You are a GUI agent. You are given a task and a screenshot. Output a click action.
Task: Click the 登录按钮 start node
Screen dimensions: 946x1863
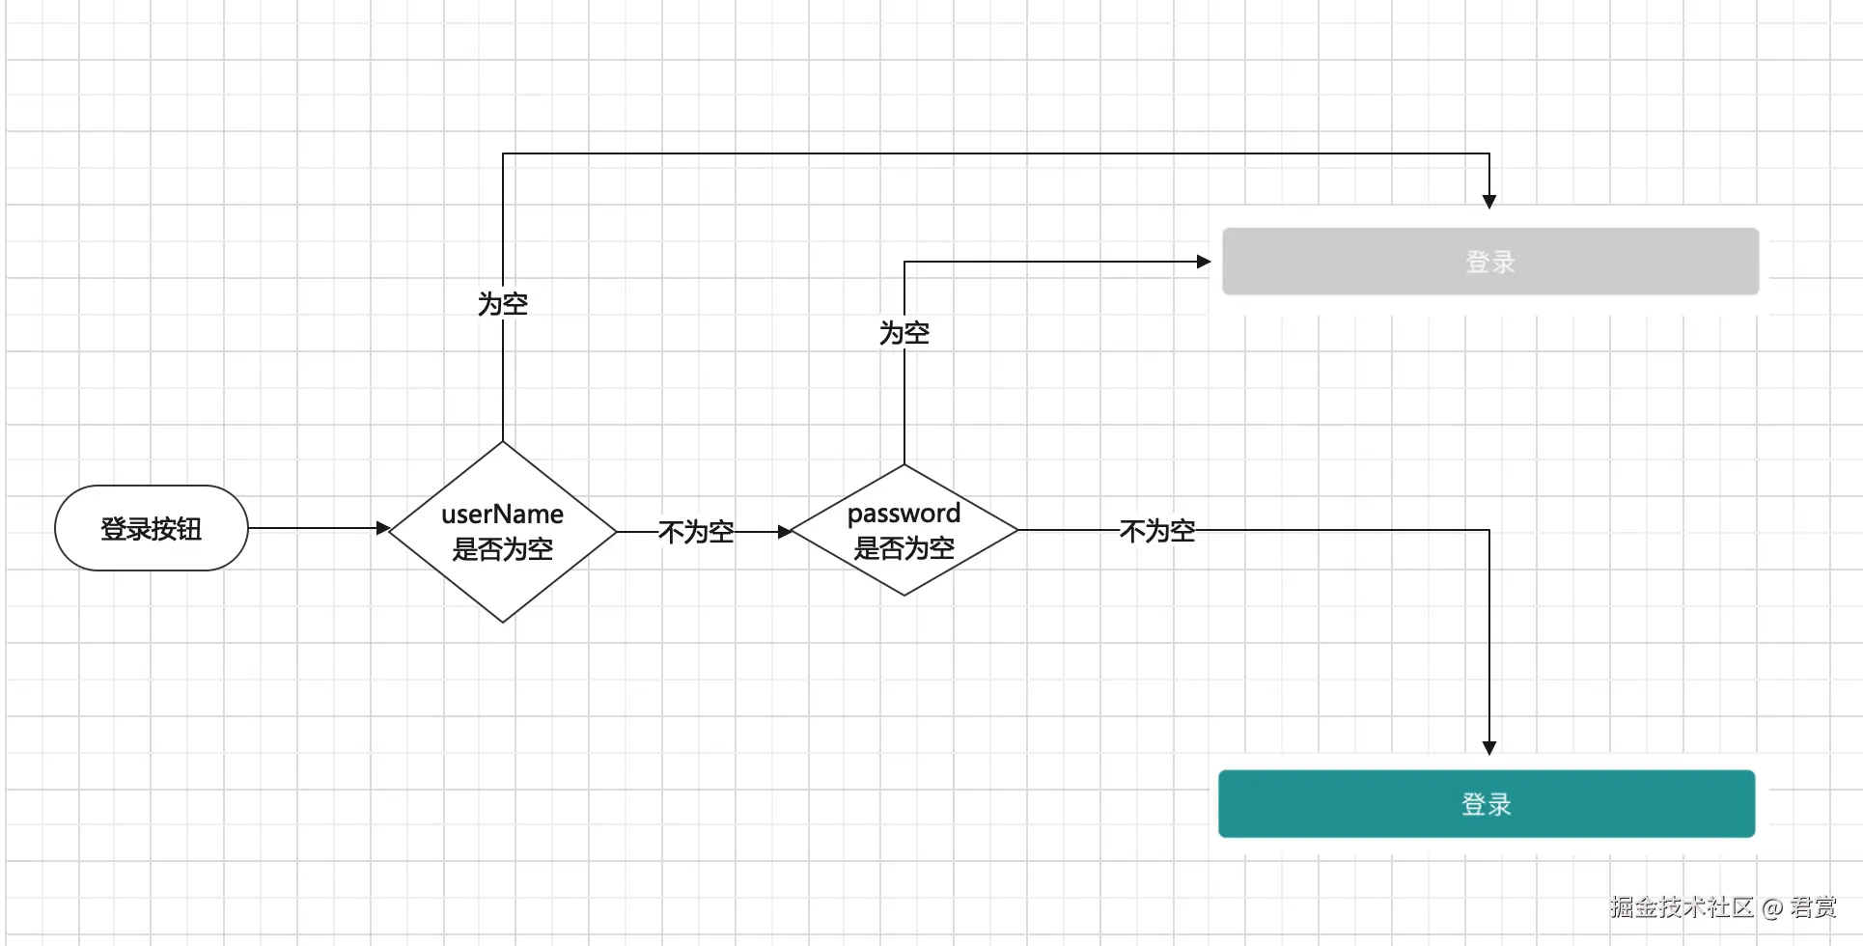[152, 528]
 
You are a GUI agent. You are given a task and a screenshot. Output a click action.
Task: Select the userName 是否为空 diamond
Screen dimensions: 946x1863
[502, 532]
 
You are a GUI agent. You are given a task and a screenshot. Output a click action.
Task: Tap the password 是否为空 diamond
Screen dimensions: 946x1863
[904, 530]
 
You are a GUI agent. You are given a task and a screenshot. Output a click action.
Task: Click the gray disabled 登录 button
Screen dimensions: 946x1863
[1489, 262]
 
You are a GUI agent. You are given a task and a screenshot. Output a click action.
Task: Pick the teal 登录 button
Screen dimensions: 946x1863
[1486, 803]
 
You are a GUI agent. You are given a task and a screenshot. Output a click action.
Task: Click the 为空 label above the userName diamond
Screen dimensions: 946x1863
[502, 304]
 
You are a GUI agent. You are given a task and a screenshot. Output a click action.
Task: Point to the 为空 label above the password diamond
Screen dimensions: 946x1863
[904, 333]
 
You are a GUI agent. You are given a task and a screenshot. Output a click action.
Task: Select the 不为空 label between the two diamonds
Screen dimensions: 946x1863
[695, 532]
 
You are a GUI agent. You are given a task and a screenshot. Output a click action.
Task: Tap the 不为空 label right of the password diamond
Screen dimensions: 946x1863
[1156, 530]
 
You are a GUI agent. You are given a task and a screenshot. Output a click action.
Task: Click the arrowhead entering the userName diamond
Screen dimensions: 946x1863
[382, 528]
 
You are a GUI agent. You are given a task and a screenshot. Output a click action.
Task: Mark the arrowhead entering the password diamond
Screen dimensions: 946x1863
[784, 531]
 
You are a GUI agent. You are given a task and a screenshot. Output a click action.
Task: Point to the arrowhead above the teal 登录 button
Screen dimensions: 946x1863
[1489, 747]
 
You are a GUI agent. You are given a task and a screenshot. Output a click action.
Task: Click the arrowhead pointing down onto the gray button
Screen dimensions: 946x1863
[1489, 201]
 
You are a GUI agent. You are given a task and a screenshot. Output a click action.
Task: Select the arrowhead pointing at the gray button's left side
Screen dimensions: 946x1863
[1203, 262]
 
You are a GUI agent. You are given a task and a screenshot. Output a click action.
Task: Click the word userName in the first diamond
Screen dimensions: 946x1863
[502, 515]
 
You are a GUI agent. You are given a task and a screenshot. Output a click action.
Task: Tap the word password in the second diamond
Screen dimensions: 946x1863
[904, 514]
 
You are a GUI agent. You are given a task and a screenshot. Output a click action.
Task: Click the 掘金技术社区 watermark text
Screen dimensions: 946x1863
[1681, 906]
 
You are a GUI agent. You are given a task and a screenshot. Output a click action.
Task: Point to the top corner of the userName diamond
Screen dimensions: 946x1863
[503, 443]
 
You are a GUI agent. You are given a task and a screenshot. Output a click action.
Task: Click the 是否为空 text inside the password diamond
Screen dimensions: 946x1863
[904, 548]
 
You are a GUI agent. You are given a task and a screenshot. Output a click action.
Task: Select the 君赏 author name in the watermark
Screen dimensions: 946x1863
[1813, 906]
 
